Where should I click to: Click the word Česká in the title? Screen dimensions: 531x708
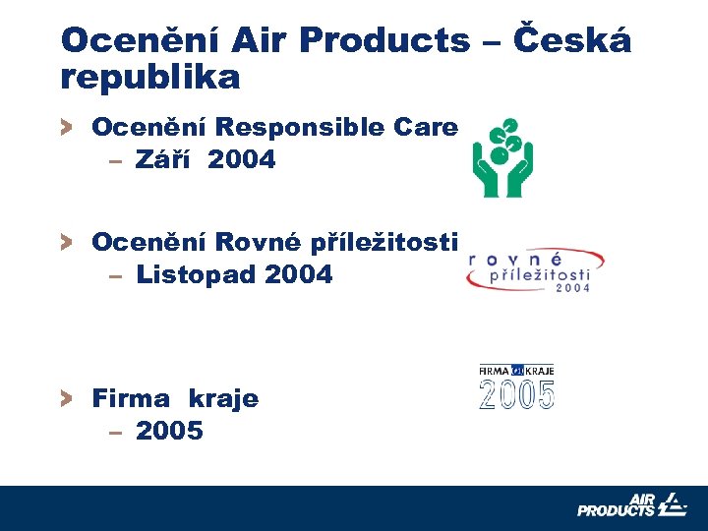574,40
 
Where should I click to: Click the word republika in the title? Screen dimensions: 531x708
149,77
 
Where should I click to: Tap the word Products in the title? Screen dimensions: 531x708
384,40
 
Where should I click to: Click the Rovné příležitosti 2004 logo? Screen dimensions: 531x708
534,269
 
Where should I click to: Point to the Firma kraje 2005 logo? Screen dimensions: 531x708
517,386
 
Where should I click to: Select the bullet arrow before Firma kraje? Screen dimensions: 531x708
66,398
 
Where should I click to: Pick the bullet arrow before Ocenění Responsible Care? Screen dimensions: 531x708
66,127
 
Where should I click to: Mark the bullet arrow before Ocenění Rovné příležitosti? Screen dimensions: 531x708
66,242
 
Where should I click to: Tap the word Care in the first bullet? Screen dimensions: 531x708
425,127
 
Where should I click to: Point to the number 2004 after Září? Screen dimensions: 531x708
242,158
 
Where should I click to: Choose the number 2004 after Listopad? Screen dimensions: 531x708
299,274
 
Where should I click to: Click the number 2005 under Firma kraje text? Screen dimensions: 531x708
169,431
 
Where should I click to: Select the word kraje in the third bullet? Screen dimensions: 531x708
223,398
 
